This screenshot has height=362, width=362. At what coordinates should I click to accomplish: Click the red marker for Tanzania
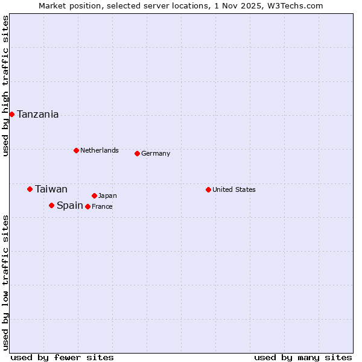[11, 114]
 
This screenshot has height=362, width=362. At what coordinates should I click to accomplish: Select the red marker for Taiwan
[30, 189]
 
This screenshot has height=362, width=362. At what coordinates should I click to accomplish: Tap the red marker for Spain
[51, 205]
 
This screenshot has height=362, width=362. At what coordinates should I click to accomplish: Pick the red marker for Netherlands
[76, 150]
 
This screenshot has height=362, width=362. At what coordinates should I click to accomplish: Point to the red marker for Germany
[137, 153]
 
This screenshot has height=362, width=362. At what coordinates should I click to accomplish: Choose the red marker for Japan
[94, 195]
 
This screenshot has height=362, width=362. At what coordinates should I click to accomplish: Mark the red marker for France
[87, 206]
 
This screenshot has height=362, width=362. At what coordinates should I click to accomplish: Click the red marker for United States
[208, 189]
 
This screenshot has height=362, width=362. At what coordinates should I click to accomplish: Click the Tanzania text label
[38, 115]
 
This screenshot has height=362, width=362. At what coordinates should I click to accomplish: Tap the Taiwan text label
[51, 189]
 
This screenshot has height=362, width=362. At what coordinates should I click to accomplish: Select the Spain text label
[70, 206]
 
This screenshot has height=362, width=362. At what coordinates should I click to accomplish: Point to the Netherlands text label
[100, 150]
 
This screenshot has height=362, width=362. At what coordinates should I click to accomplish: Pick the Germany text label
[156, 153]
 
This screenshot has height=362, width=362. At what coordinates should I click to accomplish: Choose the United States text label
[234, 189]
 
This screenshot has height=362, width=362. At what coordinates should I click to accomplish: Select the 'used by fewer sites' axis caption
[62, 357]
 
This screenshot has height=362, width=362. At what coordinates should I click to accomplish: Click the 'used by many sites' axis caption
[303, 357]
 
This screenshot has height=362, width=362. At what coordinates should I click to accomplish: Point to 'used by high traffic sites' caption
[5, 86]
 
